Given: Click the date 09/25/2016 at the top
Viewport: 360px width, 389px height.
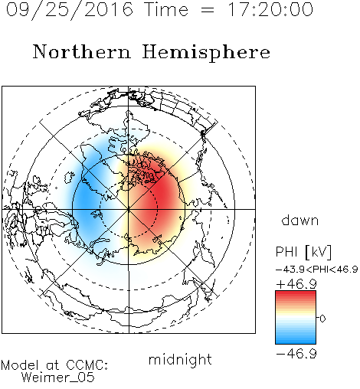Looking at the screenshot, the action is point(70,10).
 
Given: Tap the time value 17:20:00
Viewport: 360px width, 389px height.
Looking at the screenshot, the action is point(270,9).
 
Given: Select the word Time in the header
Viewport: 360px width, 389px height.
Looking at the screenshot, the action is point(166,9).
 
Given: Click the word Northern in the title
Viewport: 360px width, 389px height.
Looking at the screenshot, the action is point(82,52).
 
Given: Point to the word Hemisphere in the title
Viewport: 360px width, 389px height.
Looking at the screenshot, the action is point(206,53).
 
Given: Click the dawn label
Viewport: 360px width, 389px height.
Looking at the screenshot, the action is point(300,220).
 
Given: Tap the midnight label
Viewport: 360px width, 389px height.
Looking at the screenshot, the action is point(180,359).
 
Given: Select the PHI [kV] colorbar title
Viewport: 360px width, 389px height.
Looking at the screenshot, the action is point(303,252).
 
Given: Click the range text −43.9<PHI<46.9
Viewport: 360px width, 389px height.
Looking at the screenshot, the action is point(316,270).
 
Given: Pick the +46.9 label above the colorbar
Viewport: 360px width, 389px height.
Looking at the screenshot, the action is point(296,284).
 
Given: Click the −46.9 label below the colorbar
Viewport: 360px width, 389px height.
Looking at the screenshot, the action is point(296,354).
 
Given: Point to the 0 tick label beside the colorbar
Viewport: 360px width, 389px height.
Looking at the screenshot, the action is point(322,319).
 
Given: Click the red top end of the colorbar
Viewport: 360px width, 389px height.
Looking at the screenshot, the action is point(296,293).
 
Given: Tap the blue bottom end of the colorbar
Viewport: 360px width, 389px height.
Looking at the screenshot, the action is point(296,342).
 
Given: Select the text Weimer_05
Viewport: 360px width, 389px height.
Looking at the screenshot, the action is point(58,378).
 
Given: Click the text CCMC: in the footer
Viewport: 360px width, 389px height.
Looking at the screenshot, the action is point(87,365).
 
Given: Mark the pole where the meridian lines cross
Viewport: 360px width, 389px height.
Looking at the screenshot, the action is point(129,209).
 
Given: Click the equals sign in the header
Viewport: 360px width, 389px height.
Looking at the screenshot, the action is point(208,10).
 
